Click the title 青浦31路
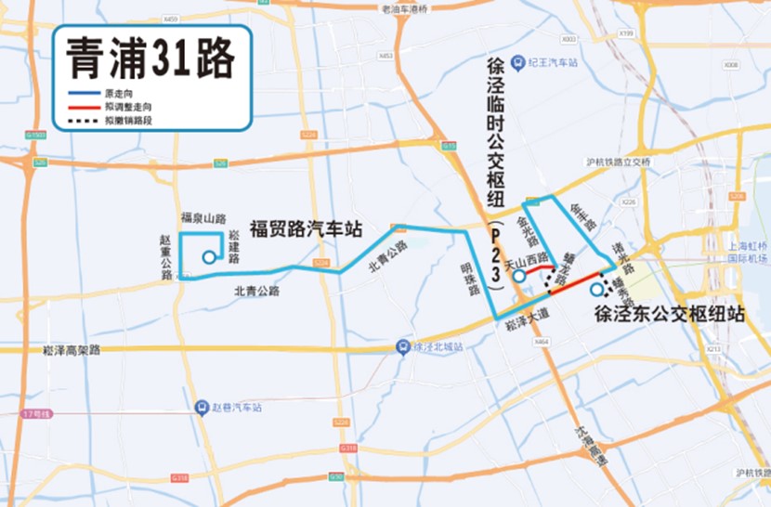click(x=149, y=60)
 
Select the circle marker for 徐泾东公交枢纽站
click(x=595, y=290)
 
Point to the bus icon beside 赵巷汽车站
click(x=201, y=407)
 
